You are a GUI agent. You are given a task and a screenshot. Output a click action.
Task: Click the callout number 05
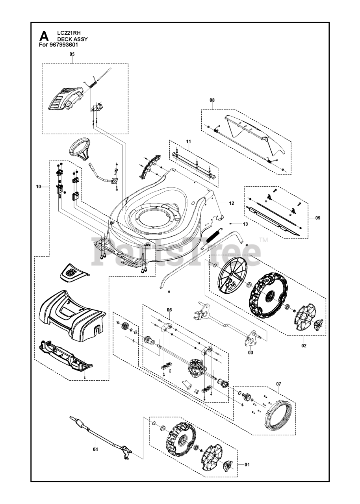coord(72,54)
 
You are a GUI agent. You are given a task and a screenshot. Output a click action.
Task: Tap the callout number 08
coord(212,100)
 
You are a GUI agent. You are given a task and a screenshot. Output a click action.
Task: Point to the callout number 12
coord(231,203)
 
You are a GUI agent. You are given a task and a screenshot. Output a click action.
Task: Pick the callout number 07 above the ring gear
coord(278,384)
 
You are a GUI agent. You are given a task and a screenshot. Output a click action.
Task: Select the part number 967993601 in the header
coord(62,44)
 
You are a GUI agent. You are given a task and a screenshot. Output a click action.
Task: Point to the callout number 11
coord(189,142)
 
